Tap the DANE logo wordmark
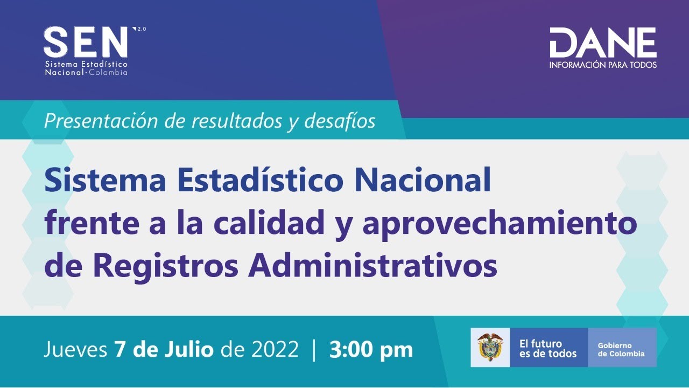coord(603,43)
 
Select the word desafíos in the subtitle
coord(340,121)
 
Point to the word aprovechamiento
coord(500,223)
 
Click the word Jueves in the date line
coord(75,350)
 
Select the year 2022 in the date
coord(275,350)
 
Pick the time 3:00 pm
coord(371,350)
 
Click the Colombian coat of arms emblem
coord(490,347)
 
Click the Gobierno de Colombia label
coord(621,349)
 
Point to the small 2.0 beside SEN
coord(142,29)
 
